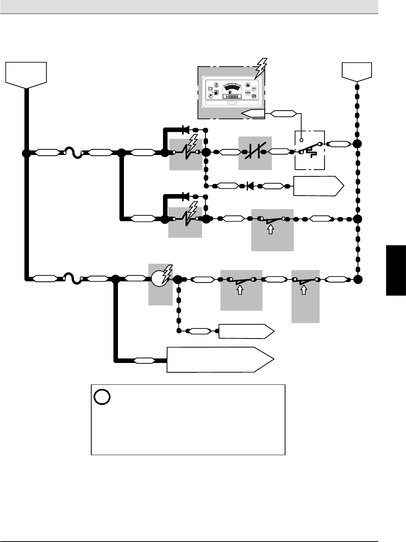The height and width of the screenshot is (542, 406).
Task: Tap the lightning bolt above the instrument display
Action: pos(261,68)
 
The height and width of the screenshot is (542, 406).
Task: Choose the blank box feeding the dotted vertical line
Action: pos(357,71)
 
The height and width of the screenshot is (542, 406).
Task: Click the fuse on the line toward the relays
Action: pos(73,153)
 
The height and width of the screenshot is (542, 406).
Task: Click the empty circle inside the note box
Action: pos(102,397)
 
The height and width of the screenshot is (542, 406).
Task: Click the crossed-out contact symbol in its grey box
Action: pos(255,152)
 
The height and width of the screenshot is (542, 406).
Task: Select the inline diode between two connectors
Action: pos(250,185)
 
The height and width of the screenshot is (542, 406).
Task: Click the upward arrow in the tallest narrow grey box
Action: pos(304,290)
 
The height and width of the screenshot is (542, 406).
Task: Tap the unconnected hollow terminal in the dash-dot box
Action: pos(301,140)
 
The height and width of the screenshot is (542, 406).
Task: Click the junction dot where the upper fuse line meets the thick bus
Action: pos(26,153)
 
